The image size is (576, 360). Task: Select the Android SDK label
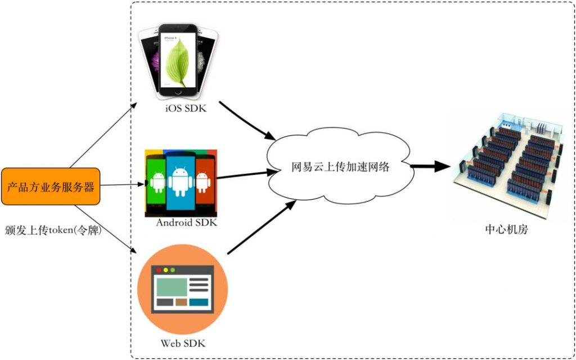(186, 223)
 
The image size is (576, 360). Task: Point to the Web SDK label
(182, 343)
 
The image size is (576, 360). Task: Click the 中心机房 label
(506, 230)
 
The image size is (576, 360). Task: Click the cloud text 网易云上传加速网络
(340, 167)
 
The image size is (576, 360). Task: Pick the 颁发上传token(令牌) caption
(53, 230)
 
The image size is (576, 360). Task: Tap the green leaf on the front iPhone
(179, 62)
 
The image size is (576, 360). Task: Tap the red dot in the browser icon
(160, 271)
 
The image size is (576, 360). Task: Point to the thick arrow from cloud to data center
(430, 166)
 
